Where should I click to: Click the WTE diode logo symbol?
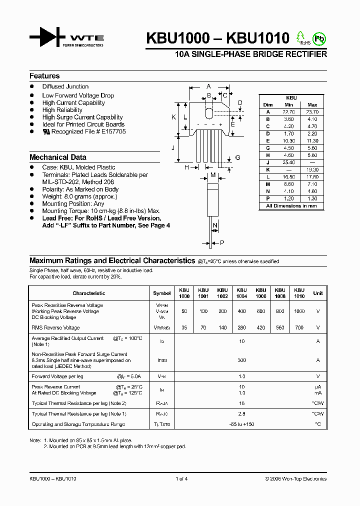click(47, 37)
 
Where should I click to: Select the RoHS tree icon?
click(301, 37)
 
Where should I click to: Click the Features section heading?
click(44, 76)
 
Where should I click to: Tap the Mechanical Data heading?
click(58, 157)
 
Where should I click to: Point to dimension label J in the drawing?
click(172, 148)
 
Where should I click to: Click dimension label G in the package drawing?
click(237, 157)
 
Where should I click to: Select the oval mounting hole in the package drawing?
click(209, 110)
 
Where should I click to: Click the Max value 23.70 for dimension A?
click(312, 112)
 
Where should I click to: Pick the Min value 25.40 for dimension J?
click(288, 162)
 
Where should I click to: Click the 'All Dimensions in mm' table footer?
click(291, 206)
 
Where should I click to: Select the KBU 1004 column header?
click(241, 293)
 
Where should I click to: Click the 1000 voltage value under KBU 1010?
click(298, 311)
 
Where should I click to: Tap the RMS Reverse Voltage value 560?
click(279, 327)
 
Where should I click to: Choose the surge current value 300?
click(241, 360)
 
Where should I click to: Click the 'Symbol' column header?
click(161, 293)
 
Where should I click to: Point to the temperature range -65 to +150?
click(241, 424)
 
